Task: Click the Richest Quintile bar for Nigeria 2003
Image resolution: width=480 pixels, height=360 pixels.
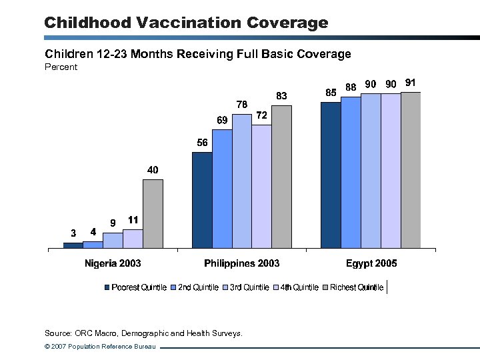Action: point(153,214)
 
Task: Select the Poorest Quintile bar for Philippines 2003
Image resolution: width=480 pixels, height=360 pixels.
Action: point(202,200)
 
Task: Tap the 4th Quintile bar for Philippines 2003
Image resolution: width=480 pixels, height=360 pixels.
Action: point(261,186)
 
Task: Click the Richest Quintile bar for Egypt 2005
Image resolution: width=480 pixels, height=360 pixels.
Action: point(411,170)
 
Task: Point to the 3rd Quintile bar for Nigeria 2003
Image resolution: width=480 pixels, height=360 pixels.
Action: point(113,240)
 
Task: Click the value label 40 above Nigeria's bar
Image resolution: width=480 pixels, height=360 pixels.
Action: point(153,171)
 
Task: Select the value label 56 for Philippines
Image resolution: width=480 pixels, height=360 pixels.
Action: point(202,143)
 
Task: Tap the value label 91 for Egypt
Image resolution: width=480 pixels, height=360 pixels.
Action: point(411,83)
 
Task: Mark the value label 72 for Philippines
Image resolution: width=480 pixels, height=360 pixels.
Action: point(262,115)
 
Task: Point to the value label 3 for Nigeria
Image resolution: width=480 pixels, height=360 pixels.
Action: point(73,233)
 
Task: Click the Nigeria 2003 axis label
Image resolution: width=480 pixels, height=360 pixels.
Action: point(113,263)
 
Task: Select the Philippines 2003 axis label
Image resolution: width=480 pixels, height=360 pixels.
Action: point(241,263)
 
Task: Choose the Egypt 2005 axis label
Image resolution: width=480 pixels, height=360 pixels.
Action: point(371,263)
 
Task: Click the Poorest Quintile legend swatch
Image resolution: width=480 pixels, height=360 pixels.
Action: point(107,288)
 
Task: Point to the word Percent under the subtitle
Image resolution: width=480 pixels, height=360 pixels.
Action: point(61,67)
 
